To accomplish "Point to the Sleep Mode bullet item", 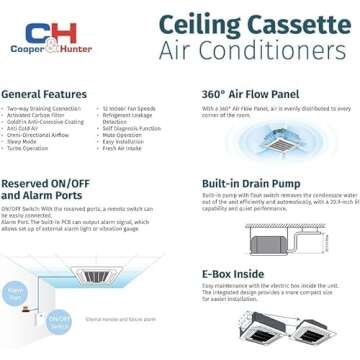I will (27, 140).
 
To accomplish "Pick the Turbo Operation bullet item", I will (32, 147).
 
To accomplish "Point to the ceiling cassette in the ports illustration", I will (95, 275).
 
